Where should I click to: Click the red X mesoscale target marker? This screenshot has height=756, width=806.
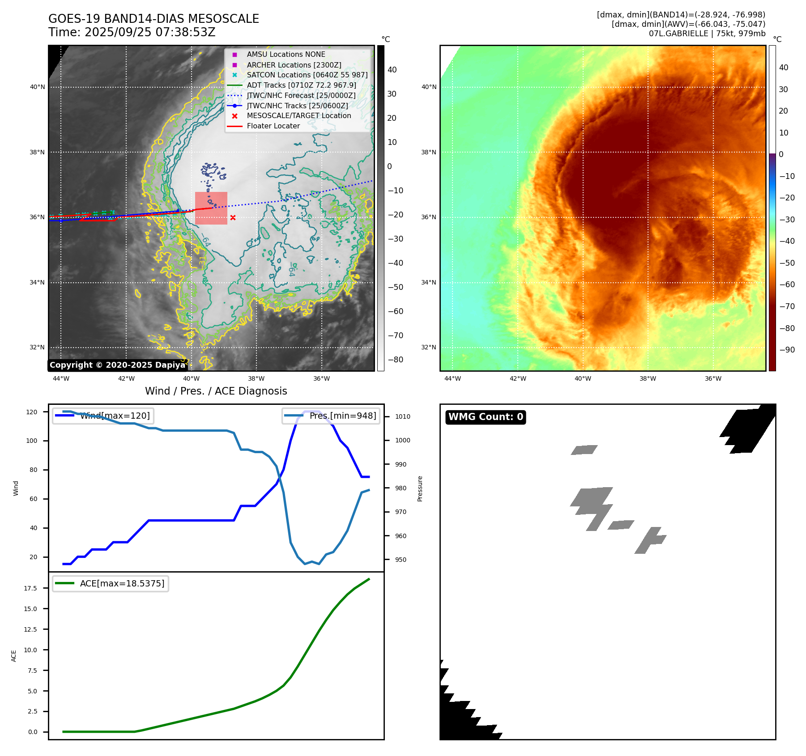pyautogui.click(x=233, y=217)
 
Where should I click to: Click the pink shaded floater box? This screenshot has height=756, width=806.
pyautogui.click(x=211, y=208)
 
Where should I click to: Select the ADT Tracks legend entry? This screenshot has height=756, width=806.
pyautogui.click(x=301, y=85)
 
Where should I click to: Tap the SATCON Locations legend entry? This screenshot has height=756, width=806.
pyautogui.click(x=307, y=75)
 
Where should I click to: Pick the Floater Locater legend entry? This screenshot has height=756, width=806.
pyautogui.click(x=273, y=126)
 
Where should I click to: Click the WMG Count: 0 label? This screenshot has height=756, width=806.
pyautogui.click(x=486, y=417)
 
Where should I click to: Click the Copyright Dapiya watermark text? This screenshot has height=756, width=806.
pyautogui.click(x=117, y=365)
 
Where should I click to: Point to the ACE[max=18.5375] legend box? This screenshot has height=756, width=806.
pyautogui.click(x=111, y=583)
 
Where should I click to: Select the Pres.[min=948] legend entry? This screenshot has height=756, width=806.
pyautogui.click(x=331, y=416)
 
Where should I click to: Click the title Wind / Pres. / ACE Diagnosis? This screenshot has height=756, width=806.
pyautogui.click(x=216, y=391)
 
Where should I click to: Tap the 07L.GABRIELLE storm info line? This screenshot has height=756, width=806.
pyautogui.click(x=707, y=34)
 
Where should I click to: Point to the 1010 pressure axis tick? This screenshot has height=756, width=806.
pyautogui.click(x=402, y=416)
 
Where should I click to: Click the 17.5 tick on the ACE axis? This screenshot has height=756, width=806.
pyautogui.click(x=30, y=588)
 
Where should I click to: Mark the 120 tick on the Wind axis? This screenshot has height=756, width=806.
pyautogui.click(x=32, y=412)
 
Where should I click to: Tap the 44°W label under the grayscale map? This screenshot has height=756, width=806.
pyautogui.click(x=61, y=378)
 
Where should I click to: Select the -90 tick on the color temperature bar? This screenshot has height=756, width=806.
pyautogui.click(x=787, y=350)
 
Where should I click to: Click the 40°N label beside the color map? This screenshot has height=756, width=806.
pyautogui.click(x=429, y=87)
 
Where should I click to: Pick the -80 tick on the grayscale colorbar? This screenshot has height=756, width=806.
pyautogui.click(x=395, y=360)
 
